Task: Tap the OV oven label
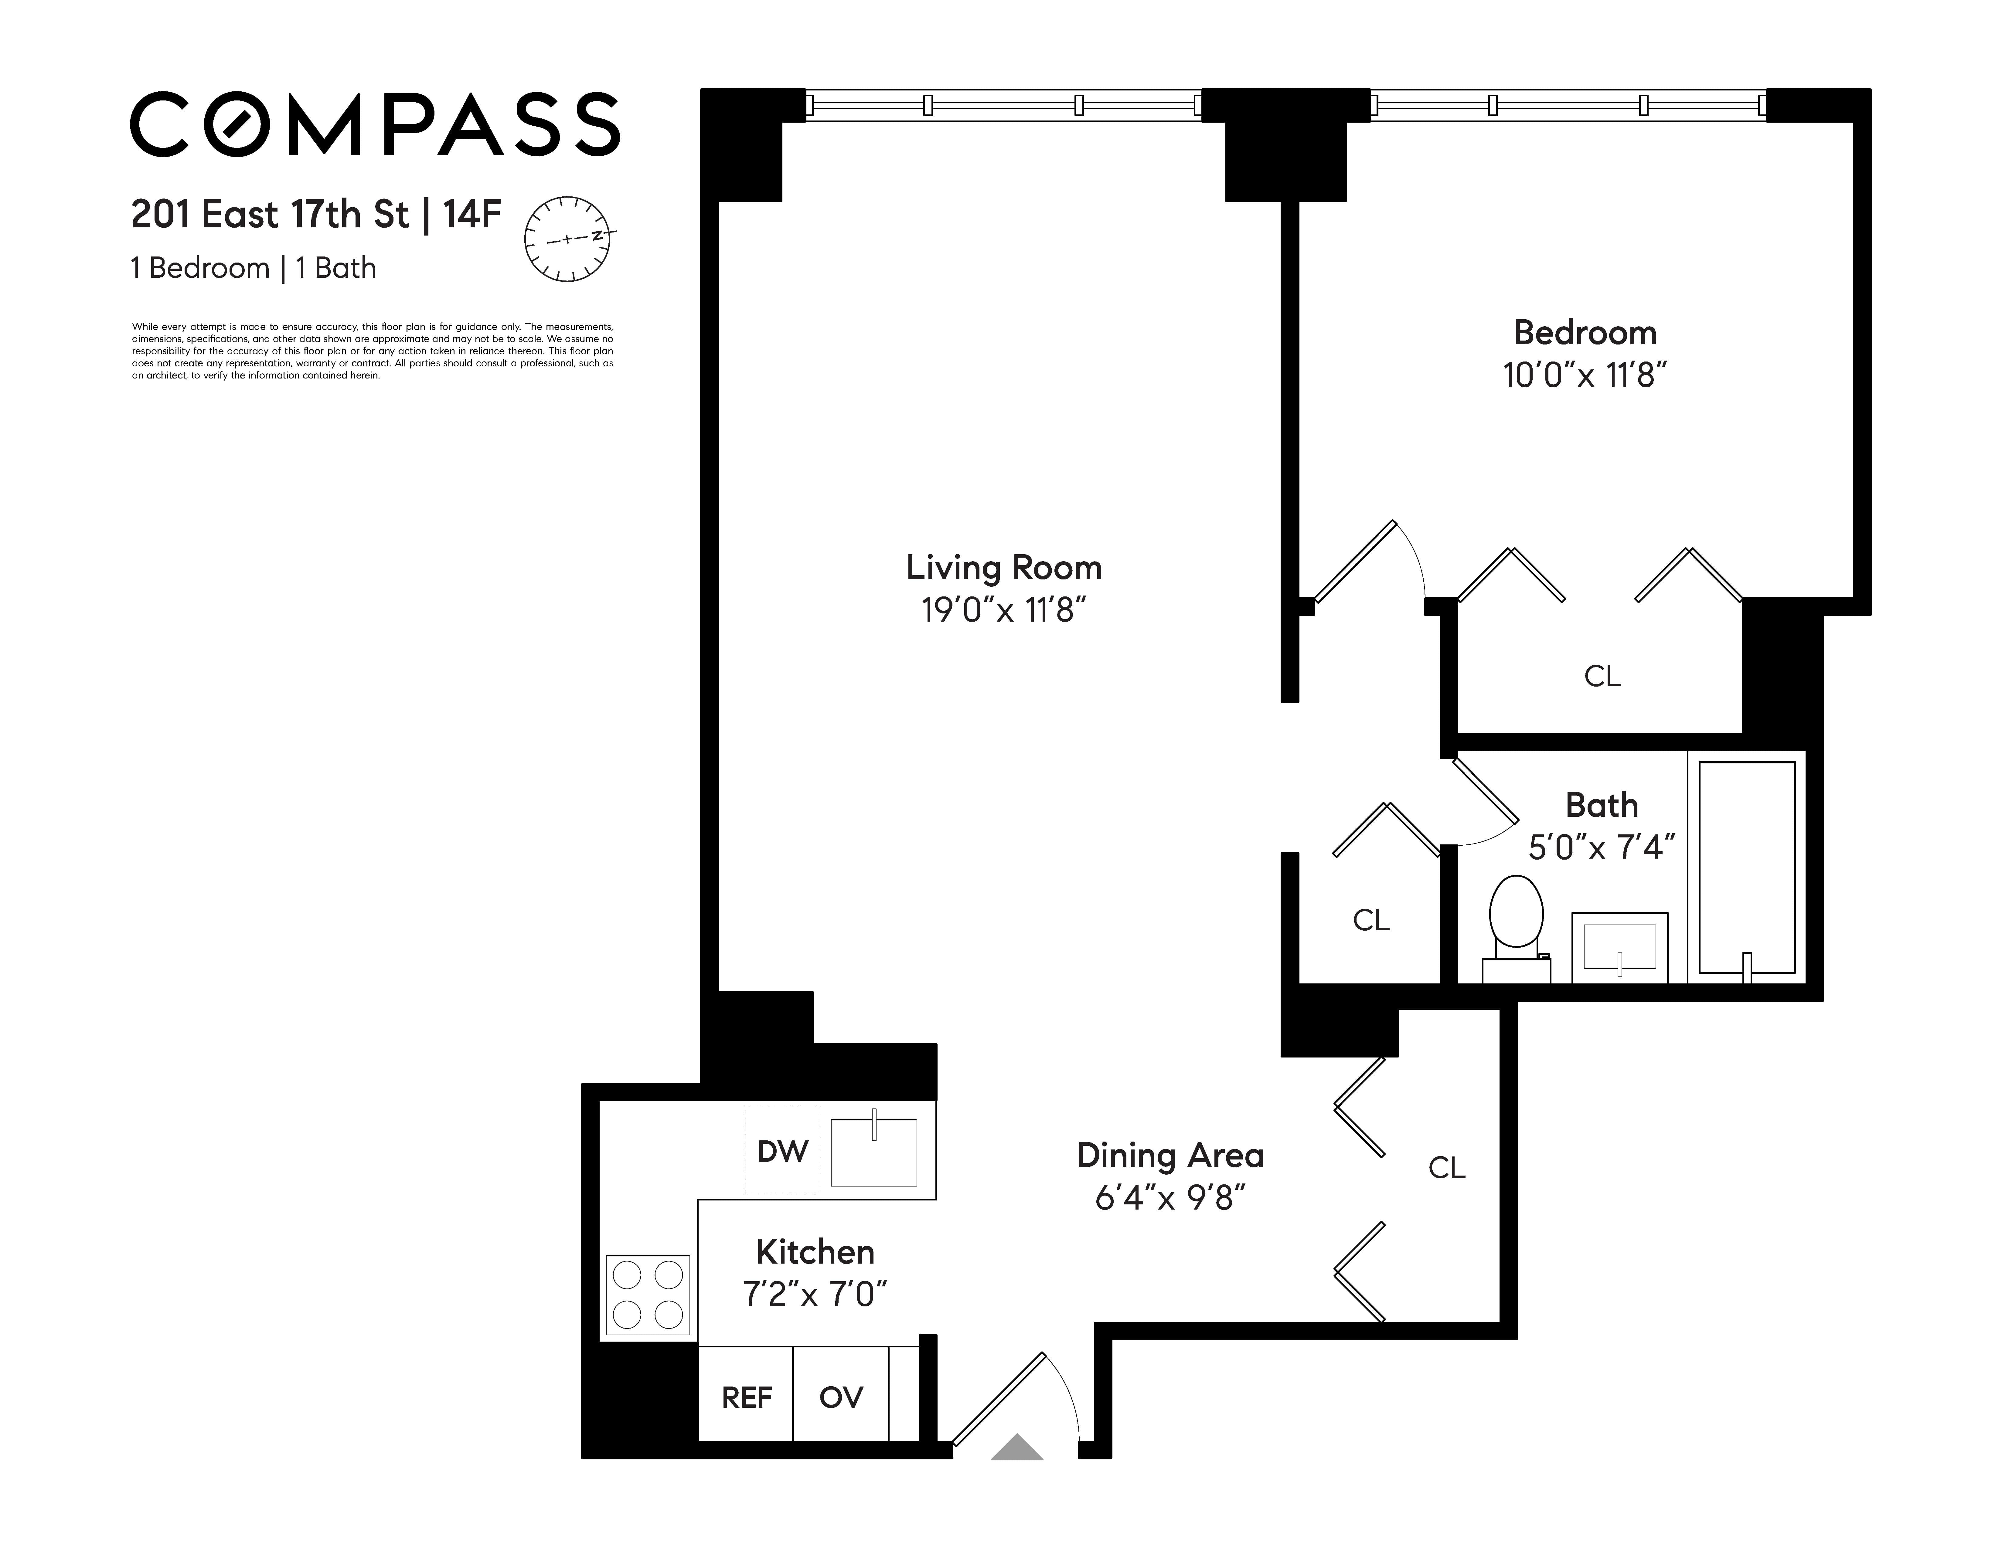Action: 841,1398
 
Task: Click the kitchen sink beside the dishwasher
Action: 873,1152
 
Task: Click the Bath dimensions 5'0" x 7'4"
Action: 1602,848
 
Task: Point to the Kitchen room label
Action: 815,1252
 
